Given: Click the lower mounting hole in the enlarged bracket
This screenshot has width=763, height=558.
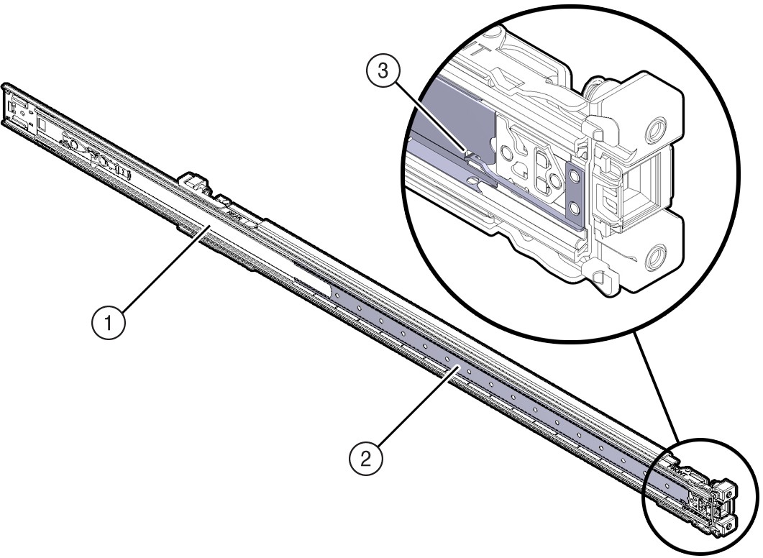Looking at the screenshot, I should click(x=655, y=257).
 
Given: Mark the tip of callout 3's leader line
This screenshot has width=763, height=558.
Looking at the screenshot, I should click(x=469, y=154).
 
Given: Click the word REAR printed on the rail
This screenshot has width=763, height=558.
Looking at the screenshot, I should click(x=233, y=213).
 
